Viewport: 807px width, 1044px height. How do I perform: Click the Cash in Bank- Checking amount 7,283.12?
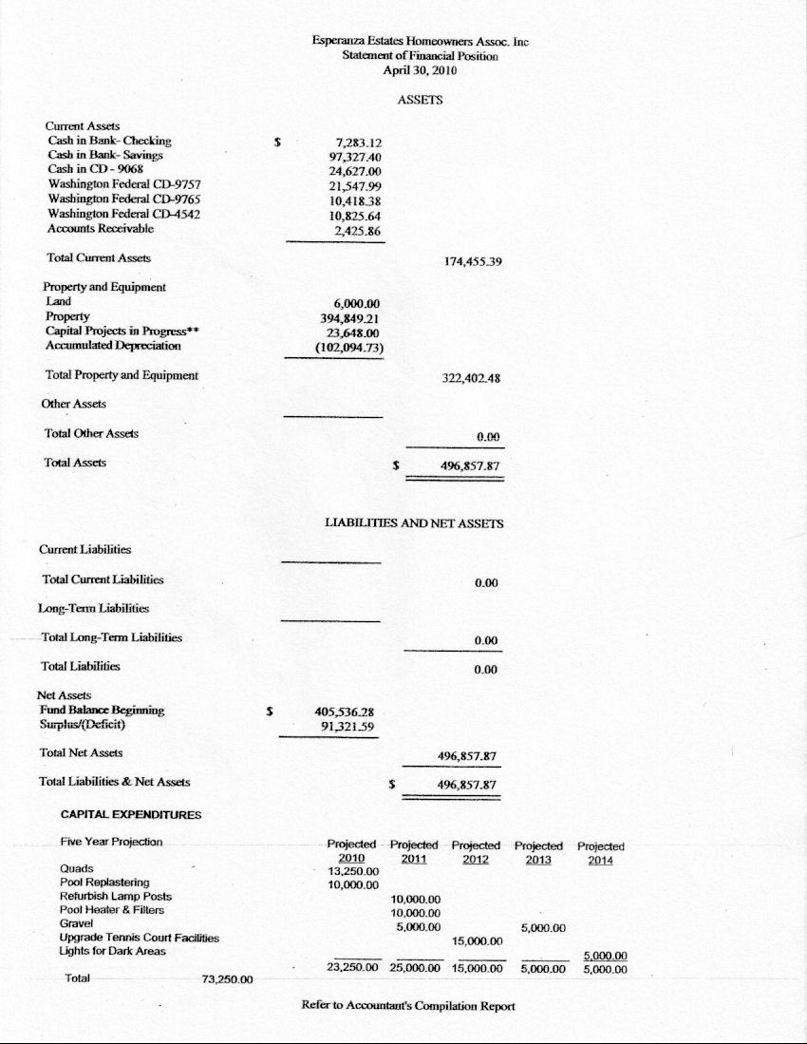point(351,142)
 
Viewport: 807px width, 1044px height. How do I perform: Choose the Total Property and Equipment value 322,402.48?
point(472,377)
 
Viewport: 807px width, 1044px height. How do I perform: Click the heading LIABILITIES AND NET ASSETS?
point(414,523)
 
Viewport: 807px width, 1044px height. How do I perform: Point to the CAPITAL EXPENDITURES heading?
point(131,814)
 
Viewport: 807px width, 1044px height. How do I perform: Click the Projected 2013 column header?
point(538,852)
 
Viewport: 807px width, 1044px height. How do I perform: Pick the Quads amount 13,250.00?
point(353,871)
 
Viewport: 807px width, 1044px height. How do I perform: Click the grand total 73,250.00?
point(227,980)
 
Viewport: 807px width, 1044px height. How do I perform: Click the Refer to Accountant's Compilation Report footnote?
point(408,1006)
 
